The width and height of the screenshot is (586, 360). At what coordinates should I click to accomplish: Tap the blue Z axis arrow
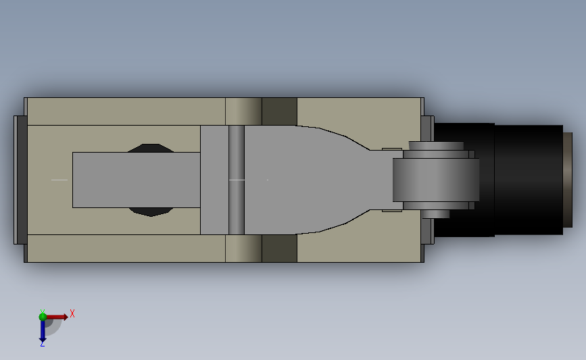click(x=42, y=331)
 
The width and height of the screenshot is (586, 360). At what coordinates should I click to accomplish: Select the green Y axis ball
click(x=43, y=315)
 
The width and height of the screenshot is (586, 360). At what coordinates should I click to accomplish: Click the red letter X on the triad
click(x=72, y=313)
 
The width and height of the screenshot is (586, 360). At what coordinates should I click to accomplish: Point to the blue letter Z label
click(x=42, y=344)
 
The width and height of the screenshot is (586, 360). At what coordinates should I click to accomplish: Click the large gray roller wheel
click(x=436, y=180)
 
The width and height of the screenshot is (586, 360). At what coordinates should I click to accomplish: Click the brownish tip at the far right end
click(x=568, y=180)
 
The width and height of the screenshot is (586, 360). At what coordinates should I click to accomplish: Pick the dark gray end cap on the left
click(x=20, y=180)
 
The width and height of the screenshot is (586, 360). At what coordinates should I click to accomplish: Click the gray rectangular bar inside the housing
click(x=135, y=180)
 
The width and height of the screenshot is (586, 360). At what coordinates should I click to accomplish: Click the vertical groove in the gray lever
click(x=236, y=180)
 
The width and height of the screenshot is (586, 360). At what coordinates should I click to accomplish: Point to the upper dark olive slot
click(x=279, y=111)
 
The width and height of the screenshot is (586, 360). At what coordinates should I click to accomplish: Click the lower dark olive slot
click(x=279, y=249)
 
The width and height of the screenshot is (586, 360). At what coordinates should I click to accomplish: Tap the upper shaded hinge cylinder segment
click(x=243, y=111)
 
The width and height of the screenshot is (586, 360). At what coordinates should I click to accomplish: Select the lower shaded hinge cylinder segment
click(x=243, y=249)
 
